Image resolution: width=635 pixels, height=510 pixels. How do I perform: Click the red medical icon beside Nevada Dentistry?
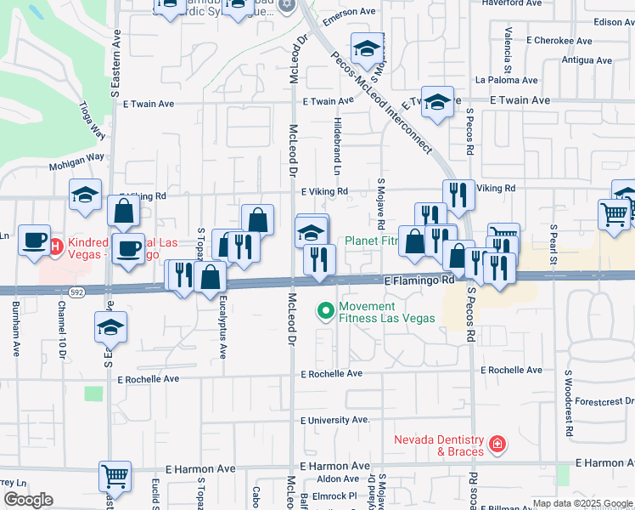click(497, 444)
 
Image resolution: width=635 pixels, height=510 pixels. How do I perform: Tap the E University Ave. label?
click(335, 420)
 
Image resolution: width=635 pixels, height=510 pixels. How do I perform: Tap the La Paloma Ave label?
click(507, 81)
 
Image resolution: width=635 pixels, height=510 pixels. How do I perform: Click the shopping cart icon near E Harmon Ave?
click(115, 477)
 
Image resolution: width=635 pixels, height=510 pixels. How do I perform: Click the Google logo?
click(28, 500)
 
